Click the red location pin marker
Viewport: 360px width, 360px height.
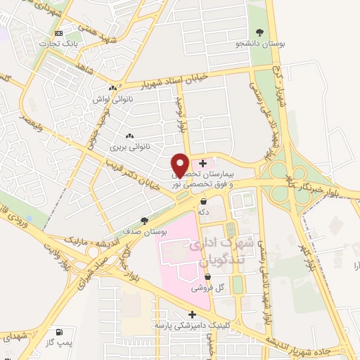click(180, 164)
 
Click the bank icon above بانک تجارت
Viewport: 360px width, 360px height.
click(59, 33)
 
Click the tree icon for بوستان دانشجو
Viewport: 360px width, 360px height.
click(260, 32)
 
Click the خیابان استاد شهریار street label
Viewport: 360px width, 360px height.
click(176, 83)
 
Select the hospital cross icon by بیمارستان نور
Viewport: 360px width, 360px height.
click(203, 163)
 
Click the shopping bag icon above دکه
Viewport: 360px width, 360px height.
click(203, 200)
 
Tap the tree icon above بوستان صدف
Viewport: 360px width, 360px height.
click(144, 219)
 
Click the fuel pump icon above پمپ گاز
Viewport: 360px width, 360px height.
click(58, 331)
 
